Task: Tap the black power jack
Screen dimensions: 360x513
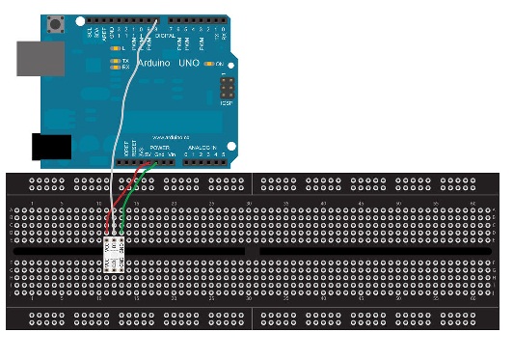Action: (x=51, y=147)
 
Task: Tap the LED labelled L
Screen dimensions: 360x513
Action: (x=116, y=47)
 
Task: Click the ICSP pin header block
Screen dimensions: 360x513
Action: (x=228, y=88)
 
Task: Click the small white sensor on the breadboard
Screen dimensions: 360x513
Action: (x=115, y=255)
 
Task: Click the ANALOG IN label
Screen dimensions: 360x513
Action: (x=202, y=147)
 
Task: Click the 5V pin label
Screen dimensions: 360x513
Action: (x=141, y=152)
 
